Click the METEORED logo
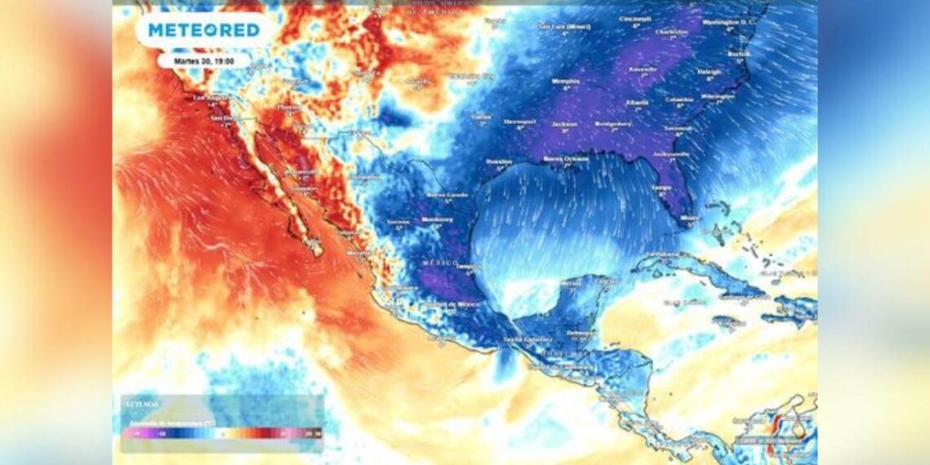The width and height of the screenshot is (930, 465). tap(204, 30)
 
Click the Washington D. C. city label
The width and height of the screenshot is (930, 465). tap(731, 22)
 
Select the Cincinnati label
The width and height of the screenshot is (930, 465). tap(635, 19)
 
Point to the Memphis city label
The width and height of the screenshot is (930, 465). tap(565, 81)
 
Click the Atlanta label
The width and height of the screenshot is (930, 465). tap(636, 103)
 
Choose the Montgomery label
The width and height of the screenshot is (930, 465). tap(613, 123)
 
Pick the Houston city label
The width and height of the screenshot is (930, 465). tap(500, 162)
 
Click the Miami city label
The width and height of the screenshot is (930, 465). tap(689, 218)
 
